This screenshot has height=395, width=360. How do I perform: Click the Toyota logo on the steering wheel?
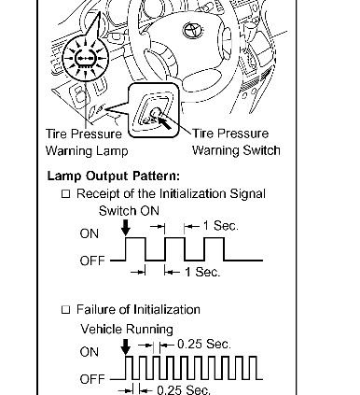coord(193,31)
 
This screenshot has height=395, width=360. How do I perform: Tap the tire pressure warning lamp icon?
coord(85,59)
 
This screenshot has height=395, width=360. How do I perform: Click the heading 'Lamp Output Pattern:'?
coord(114,176)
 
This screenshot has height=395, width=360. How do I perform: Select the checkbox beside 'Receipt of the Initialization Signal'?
coord(66,194)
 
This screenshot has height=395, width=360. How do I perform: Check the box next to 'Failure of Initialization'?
coord(65,310)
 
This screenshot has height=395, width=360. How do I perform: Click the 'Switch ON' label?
coord(129,211)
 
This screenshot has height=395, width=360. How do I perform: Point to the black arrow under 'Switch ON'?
coord(126,228)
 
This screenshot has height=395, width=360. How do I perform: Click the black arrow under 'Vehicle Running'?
coord(126,346)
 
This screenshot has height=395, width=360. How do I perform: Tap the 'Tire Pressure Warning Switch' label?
coord(236,142)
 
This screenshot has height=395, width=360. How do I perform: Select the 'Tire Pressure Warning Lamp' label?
coord(87,142)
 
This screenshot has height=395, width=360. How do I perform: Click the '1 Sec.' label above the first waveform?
coord(221,226)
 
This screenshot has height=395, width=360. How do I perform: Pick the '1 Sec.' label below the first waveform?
coord(202,272)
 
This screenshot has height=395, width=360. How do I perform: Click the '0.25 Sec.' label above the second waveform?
coord(204,345)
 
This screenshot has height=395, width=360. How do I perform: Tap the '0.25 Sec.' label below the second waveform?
coord(184,389)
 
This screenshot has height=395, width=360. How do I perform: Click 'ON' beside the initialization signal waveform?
coord(90,233)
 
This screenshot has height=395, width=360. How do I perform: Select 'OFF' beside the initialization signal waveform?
coord(92,261)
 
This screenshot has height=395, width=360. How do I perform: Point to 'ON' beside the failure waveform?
coord(90,352)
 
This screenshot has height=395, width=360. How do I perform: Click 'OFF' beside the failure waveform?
coord(92,379)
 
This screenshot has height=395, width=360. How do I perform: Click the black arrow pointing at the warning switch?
coord(164,122)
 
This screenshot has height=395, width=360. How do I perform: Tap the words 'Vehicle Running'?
coord(127,329)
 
